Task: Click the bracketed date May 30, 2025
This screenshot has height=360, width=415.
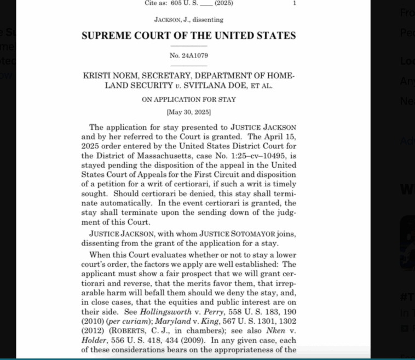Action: point(188,112)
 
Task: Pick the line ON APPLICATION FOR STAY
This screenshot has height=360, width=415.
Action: point(188,100)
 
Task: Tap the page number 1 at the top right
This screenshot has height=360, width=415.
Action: point(295,3)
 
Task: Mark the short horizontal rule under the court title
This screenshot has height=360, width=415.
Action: point(188,47)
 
